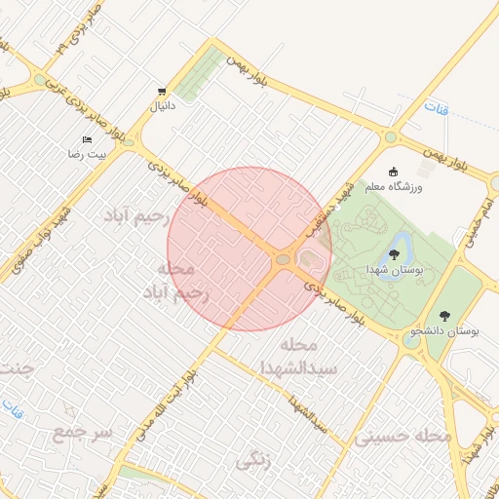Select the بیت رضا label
(x=85, y=155)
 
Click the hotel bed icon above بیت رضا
(x=87, y=140)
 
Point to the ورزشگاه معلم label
(x=393, y=185)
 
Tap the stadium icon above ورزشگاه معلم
(x=394, y=172)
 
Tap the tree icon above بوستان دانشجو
(x=445, y=316)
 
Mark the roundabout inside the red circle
(x=284, y=259)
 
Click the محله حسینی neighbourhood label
(x=403, y=437)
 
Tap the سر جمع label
(x=83, y=431)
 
